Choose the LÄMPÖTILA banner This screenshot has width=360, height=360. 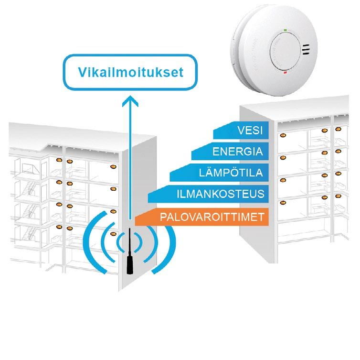pyautogui.click(x=220, y=174)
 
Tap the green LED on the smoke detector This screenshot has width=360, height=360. pyautogui.click(x=285, y=30)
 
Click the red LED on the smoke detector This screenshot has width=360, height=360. pyautogui.click(x=285, y=73)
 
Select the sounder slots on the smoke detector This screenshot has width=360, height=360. pyautogui.click(x=305, y=50)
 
